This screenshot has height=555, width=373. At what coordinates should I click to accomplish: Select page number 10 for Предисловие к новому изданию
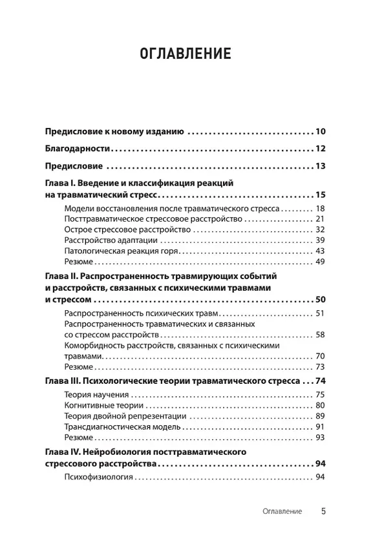tap(320, 131)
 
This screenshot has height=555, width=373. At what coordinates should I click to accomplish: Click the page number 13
tap(320, 166)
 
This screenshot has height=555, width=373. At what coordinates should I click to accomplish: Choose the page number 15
tap(320, 194)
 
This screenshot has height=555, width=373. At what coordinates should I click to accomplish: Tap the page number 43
tap(319, 251)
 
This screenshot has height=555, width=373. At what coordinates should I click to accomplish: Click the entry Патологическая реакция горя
tap(121, 251)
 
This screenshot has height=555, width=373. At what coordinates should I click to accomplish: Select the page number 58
tap(319, 335)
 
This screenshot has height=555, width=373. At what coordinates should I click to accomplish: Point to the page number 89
tap(319, 417)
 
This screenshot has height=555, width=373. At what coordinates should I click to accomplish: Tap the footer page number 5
tap(323, 511)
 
